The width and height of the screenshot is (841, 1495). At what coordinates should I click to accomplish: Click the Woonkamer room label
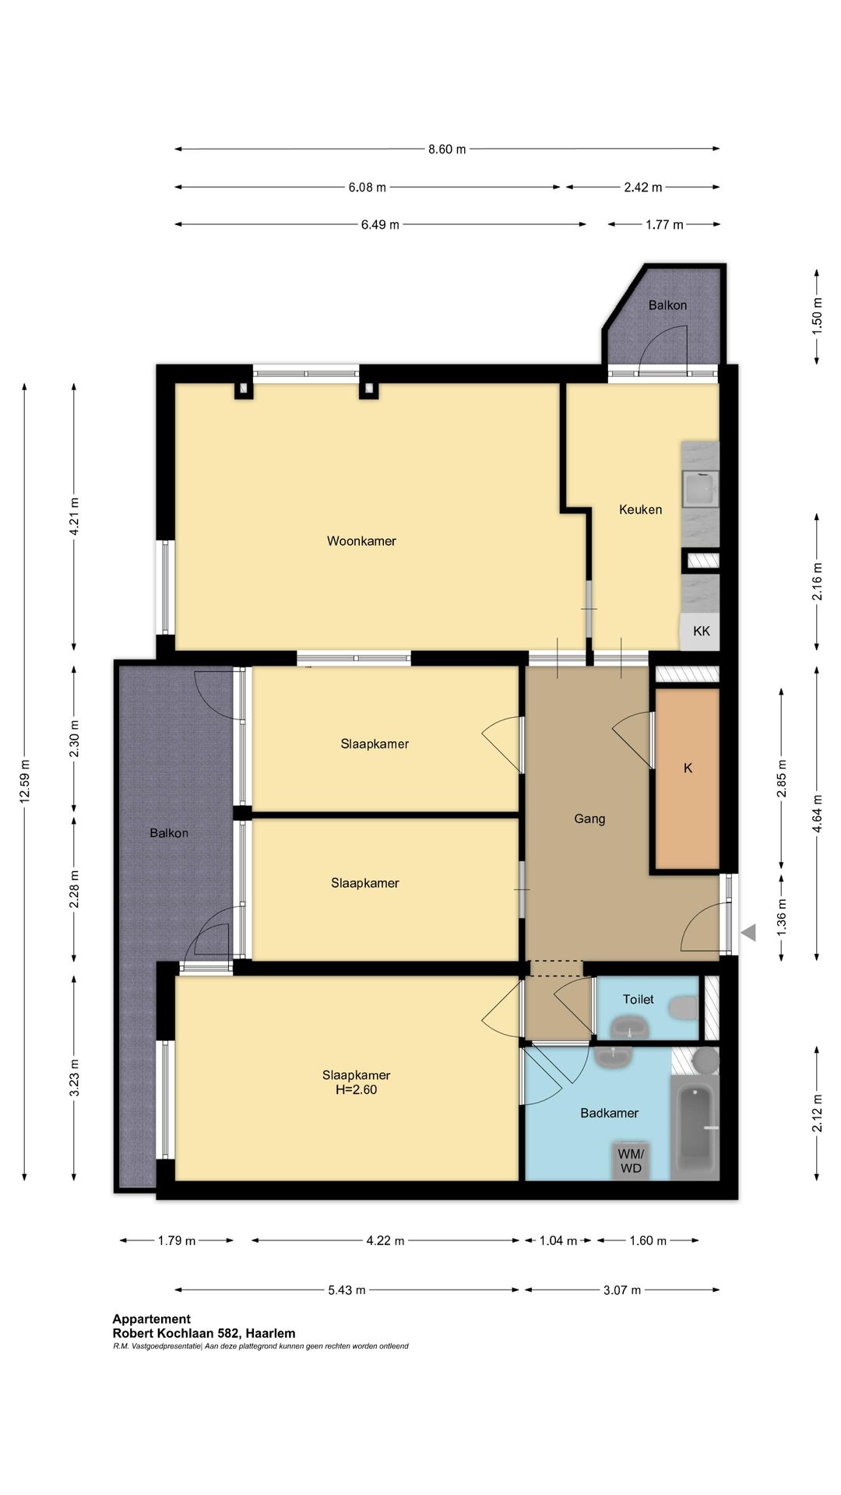tap(361, 541)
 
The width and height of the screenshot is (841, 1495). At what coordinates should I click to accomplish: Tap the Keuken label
tap(640, 510)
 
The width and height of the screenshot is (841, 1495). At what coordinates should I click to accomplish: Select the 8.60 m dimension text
tap(447, 149)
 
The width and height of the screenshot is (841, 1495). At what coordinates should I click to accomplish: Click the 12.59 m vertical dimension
tap(25, 781)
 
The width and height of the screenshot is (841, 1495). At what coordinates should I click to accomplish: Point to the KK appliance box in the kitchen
tap(701, 631)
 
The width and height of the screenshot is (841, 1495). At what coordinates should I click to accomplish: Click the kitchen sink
tap(700, 489)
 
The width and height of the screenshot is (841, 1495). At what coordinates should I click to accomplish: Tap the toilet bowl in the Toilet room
tap(684, 1008)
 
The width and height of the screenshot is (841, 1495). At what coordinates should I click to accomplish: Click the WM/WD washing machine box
tap(631, 1161)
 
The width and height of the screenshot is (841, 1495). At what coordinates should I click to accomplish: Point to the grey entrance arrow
tap(748, 932)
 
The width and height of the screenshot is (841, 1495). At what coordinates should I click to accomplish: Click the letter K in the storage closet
tap(688, 769)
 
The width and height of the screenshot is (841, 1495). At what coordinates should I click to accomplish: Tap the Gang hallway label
tap(589, 819)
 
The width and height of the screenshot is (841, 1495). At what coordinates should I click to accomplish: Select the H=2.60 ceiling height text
tap(356, 1090)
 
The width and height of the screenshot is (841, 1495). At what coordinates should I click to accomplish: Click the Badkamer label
tap(609, 1113)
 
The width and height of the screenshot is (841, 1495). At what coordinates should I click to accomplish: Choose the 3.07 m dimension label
tap(622, 1290)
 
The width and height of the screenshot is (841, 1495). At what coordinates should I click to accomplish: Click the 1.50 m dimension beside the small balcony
tap(817, 317)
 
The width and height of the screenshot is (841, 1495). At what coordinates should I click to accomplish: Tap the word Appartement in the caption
tap(151, 1319)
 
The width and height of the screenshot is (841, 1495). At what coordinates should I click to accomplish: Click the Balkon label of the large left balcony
tap(169, 833)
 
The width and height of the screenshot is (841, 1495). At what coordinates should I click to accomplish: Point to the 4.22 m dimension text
tap(385, 1240)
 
